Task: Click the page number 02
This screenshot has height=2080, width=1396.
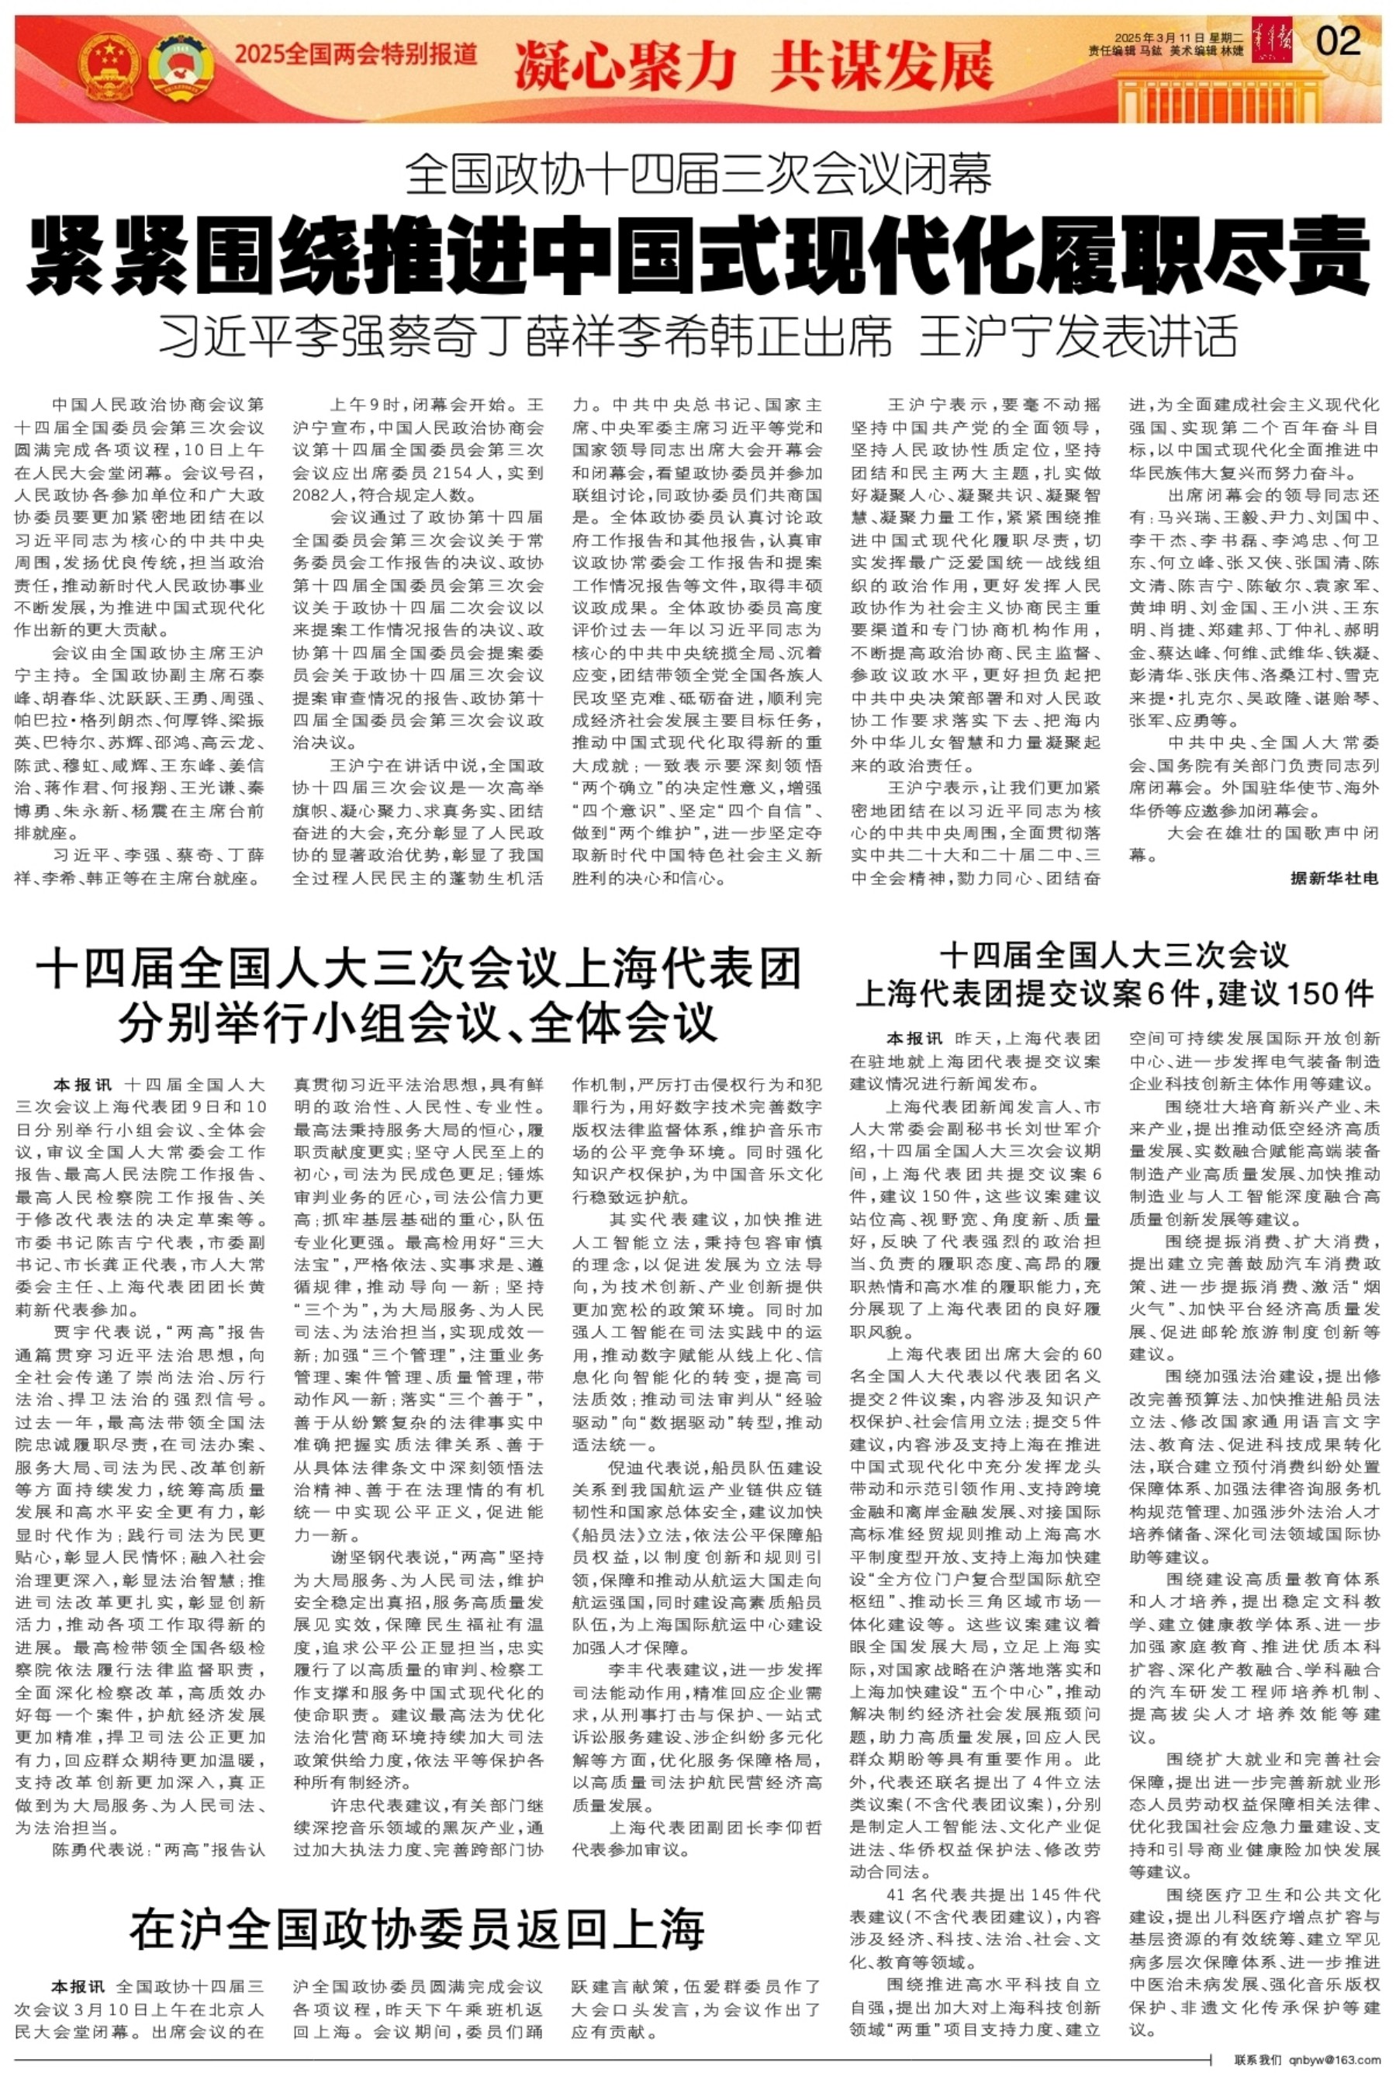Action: coord(1337,42)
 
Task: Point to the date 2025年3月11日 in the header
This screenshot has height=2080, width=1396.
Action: coord(1154,38)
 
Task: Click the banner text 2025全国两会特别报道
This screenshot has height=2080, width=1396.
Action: coord(356,55)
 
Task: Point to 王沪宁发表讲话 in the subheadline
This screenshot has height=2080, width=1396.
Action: coord(1078,335)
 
